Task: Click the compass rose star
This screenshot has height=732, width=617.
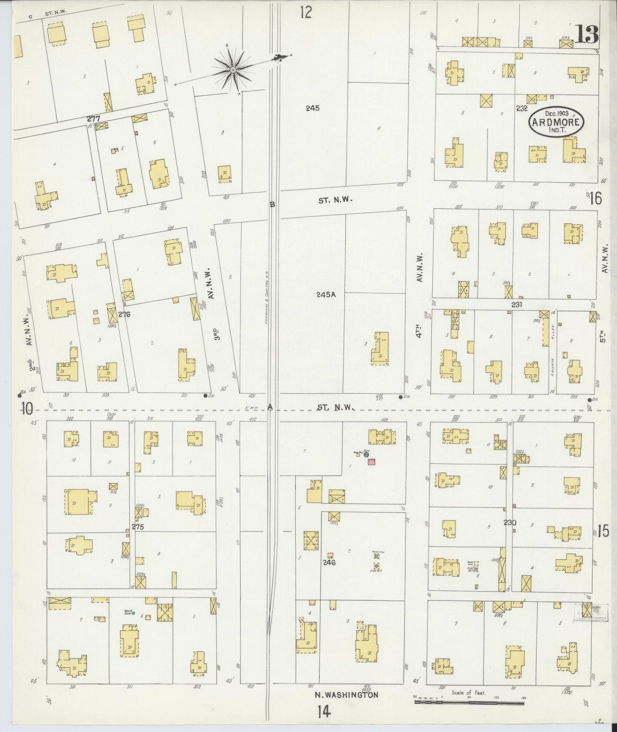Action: pyautogui.click(x=233, y=70)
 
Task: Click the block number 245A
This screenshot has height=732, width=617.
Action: pyautogui.click(x=326, y=294)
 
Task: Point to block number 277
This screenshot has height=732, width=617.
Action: pyautogui.click(x=93, y=118)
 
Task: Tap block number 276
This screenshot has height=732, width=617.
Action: pyautogui.click(x=124, y=314)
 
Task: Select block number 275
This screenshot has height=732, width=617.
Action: pyautogui.click(x=137, y=527)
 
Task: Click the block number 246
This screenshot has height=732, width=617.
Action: pyautogui.click(x=329, y=562)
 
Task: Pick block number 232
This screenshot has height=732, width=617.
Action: pyautogui.click(x=522, y=108)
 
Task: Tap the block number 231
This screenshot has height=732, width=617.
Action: pyautogui.click(x=516, y=305)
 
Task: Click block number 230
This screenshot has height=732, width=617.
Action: pyautogui.click(x=510, y=522)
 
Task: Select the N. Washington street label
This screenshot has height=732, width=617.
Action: pyautogui.click(x=346, y=695)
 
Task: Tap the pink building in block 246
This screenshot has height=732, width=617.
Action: pyautogui.click(x=371, y=462)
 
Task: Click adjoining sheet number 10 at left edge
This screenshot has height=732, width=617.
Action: pyautogui.click(x=27, y=409)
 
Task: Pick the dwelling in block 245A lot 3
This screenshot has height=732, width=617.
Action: pyautogui.click(x=380, y=348)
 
